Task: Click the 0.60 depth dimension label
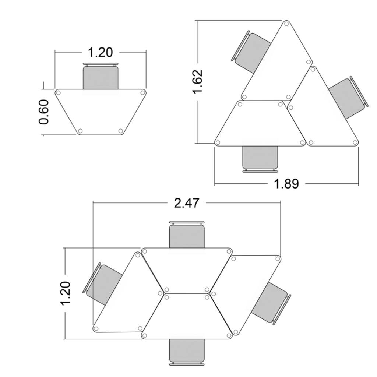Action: pyautogui.click(x=44, y=112)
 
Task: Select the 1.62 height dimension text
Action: pyautogui.click(x=198, y=82)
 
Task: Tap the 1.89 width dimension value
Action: pyautogui.click(x=286, y=183)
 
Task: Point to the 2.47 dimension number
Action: pyautogui.click(x=187, y=203)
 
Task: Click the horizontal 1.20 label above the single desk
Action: pyautogui.click(x=101, y=52)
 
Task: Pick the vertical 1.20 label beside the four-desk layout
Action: pyautogui.click(x=65, y=293)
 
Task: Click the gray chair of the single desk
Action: pyautogui.click(x=101, y=77)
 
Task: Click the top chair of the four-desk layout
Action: pyautogui.click(x=187, y=236)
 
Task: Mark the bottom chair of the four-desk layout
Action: pyautogui.click(x=187, y=350)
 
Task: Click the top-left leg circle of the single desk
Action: pyautogui.click(x=58, y=93)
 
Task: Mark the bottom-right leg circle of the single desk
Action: pyautogui.click(x=120, y=131)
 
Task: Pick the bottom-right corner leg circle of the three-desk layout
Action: pyautogui.click(x=355, y=142)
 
